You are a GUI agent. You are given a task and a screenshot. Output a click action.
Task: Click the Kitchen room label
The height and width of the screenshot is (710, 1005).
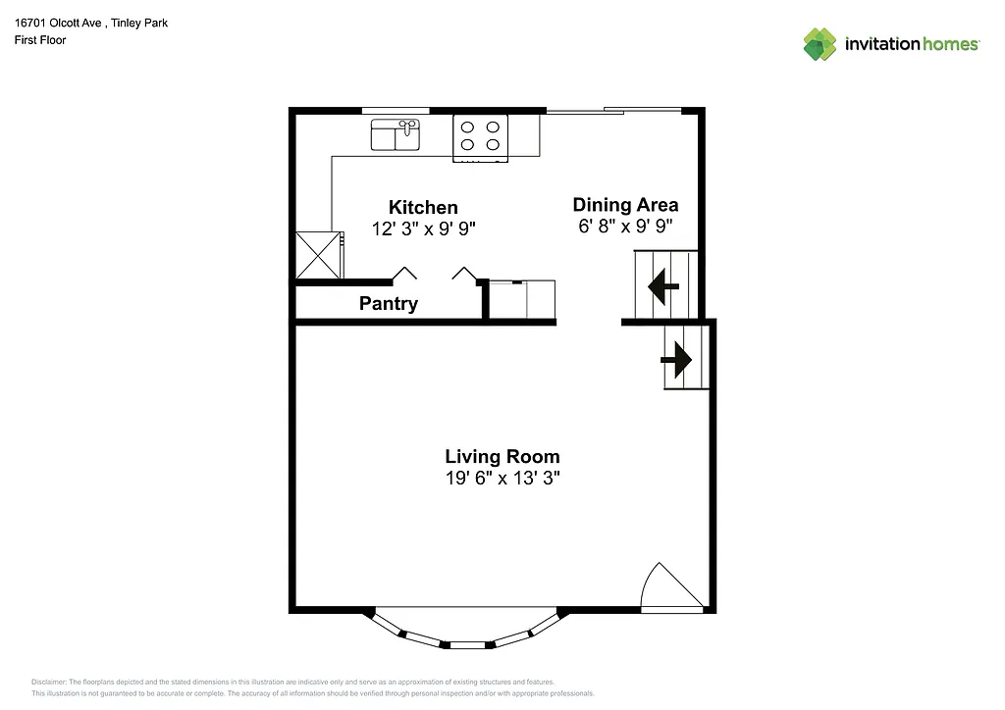[x=423, y=207]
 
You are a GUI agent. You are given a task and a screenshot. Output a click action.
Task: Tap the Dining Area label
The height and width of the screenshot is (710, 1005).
[x=625, y=204]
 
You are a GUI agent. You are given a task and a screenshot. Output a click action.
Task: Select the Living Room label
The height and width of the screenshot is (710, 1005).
[x=502, y=456]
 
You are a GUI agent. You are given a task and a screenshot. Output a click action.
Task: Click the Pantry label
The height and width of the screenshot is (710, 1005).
[x=388, y=304]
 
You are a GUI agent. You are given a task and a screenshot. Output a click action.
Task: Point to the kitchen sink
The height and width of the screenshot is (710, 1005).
[x=396, y=134]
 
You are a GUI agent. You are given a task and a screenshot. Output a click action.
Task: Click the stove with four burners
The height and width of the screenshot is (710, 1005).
[x=480, y=136]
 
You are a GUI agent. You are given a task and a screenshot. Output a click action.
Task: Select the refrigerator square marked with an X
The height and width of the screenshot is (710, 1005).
[x=318, y=254]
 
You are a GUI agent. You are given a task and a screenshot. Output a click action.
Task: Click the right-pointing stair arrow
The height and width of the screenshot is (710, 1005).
[x=676, y=360]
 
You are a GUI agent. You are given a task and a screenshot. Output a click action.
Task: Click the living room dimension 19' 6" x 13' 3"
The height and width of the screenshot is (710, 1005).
[x=502, y=479]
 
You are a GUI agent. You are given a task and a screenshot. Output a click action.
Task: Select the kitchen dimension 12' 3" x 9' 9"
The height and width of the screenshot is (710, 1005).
[x=423, y=229]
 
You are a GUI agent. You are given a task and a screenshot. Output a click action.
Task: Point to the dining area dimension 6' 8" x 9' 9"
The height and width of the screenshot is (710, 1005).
[x=625, y=227]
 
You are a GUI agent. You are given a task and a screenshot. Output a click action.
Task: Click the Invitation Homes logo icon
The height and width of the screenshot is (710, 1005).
[x=820, y=44]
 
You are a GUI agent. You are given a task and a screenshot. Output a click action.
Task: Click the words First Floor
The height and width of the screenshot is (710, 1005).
[x=40, y=40]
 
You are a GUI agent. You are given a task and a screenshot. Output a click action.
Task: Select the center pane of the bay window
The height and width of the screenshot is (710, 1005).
[x=467, y=644]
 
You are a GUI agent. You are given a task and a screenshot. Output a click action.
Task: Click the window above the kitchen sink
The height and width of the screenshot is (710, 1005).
[x=396, y=110]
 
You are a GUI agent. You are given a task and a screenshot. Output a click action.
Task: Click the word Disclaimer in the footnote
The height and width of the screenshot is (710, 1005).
[x=49, y=682]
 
